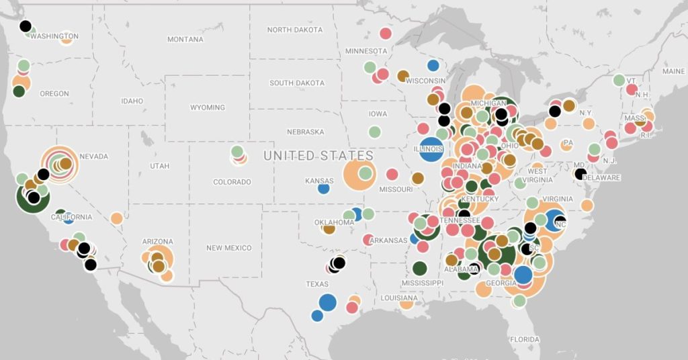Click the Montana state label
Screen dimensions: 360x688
tap(185, 40)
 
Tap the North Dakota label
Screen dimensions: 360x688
tap(294, 30)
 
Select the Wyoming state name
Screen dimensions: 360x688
tap(207, 107)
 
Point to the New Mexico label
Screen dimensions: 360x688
tap(228, 248)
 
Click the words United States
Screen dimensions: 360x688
tap(318, 156)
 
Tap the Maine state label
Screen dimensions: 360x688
tap(673, 71)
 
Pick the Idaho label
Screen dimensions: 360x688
tap(132, 101)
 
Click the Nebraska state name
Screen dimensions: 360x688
tap(305, 132)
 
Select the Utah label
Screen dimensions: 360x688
tap(159, 165)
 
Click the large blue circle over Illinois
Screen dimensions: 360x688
tap(430, 149)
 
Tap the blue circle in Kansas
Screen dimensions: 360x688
tap(323, 189)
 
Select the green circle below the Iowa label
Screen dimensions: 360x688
tap(374, 132)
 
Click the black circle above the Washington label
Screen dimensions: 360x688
tap(26, 26)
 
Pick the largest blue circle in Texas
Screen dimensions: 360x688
tap(327, 302)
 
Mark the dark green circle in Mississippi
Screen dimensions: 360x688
tap(420, 269)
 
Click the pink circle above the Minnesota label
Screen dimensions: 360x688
tap(386, 33)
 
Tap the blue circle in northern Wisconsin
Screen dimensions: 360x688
tap(433, 65)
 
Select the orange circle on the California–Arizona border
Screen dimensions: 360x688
tap(116, 218)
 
